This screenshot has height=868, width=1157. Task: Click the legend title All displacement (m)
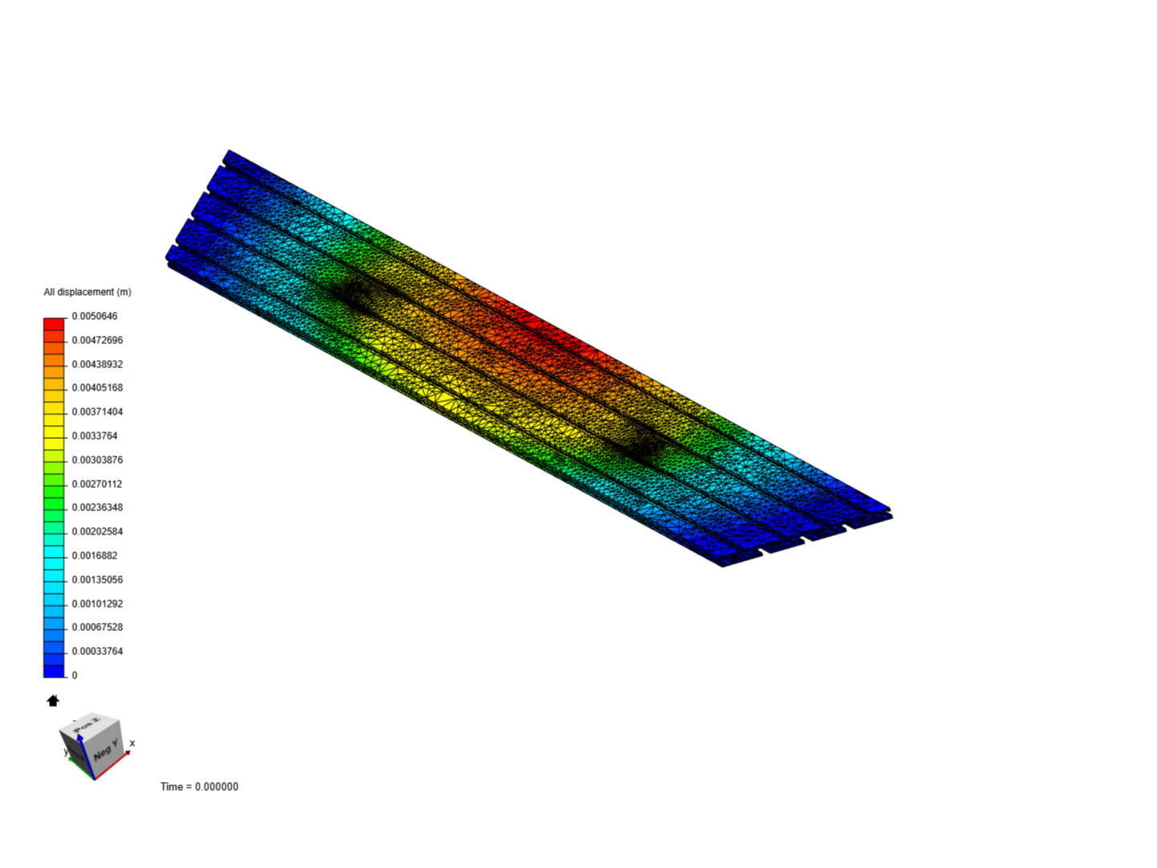coord(87,292)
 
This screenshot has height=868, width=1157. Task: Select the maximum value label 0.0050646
coord(94,316)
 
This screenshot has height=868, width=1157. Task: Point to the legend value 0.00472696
coord(97,340)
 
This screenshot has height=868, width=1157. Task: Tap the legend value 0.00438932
coord(97,364)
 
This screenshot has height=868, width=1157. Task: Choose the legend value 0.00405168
coord(97,387)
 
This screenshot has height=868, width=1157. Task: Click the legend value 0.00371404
coord(97,411)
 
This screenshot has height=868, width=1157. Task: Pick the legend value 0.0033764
coord(94,436)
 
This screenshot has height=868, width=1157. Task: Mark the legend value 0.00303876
coord(97,460)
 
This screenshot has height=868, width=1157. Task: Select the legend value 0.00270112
coord(97,484)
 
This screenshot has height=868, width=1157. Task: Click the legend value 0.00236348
coord(97,507)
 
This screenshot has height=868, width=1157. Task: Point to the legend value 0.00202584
coord(97,531)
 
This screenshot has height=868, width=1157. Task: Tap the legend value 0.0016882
coord(94,555)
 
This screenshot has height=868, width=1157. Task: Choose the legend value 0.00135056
coord(97,579)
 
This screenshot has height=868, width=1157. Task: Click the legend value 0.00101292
coord(97,604)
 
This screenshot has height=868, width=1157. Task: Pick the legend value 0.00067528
coord(97,627)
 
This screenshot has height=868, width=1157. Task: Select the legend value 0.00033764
coord(97,651)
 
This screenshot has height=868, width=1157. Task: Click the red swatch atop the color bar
coord(54,324)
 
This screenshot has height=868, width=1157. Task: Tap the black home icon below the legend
coord(53,701)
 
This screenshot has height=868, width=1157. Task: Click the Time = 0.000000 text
coord(199,787)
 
